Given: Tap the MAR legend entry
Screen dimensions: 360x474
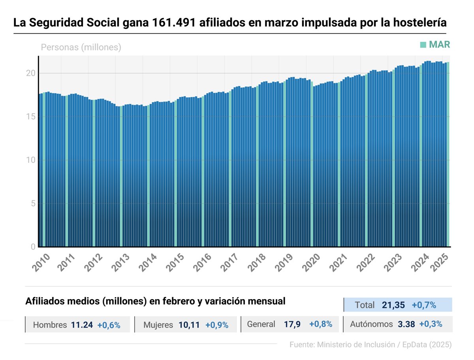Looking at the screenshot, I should coord(435,45).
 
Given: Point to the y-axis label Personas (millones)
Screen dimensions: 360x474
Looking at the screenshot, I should coord(81,47).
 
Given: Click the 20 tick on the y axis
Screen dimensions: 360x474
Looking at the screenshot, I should coord(31,73).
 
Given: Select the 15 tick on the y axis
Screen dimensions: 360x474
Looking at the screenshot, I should coord(31,117).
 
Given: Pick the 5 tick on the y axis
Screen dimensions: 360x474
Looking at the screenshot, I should coord(33,204).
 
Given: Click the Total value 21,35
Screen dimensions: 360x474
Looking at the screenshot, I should coord(394,305).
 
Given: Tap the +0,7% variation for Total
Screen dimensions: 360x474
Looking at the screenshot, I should coord(424,305).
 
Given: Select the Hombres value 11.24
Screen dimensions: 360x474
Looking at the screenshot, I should coord(82,325).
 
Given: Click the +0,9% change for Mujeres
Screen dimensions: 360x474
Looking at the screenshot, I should coord(217,325).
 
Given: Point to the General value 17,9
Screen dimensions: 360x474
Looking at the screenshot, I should coord(292,324).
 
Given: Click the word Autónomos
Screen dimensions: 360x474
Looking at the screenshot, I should coord(371,324).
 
